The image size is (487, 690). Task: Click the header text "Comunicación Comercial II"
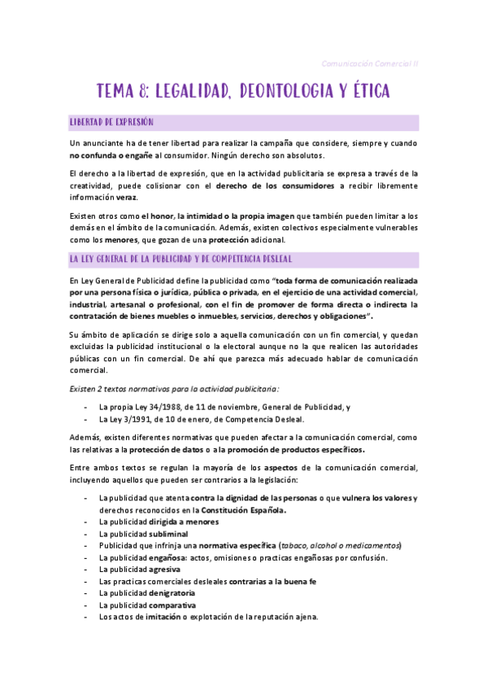370,63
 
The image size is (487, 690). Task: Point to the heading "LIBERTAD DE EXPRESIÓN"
111,122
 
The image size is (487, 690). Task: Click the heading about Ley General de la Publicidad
187,259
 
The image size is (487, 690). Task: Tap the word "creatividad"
97,186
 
